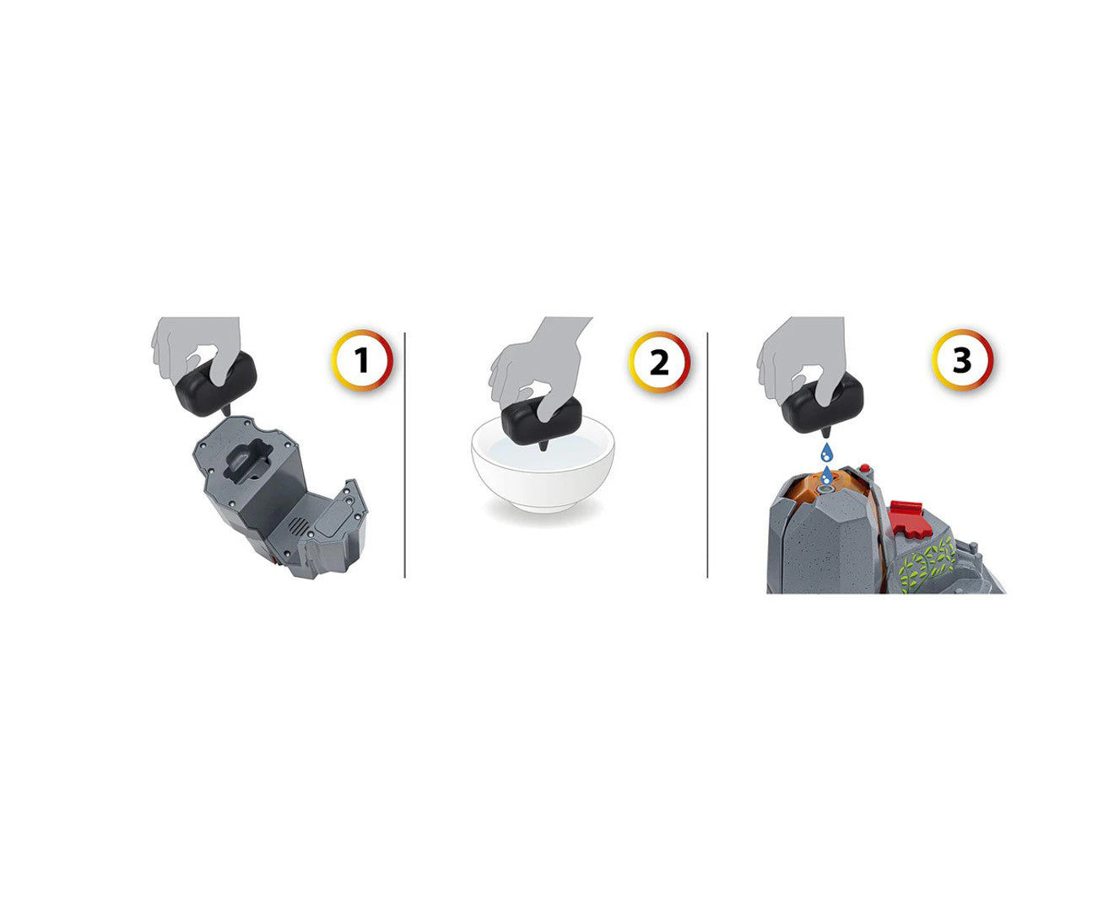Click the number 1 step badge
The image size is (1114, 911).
(x=362, y=360)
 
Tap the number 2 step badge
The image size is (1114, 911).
(x=658, y=362)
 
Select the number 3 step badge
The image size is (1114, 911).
(x=962, y=360)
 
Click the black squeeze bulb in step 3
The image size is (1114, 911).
(x=823, y=402)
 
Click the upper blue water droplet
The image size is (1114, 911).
(x=826, y=452)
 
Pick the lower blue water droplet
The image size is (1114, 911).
(x=827, y=476)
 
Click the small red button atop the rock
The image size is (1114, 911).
(x=865, y=468)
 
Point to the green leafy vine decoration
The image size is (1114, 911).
(x=927, y=563)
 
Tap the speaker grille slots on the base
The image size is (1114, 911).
(x=299, y=526)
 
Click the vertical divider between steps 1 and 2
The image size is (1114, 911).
(x=404, y=455)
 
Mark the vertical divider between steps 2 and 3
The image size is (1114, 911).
(x=707, y=455)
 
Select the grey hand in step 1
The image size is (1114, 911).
(x=197, y=348)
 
